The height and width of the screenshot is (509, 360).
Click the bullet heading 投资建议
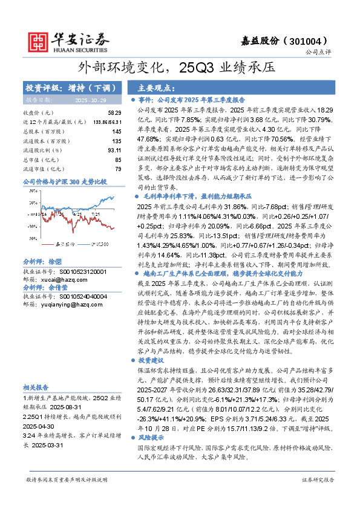[x=152, y=360]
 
